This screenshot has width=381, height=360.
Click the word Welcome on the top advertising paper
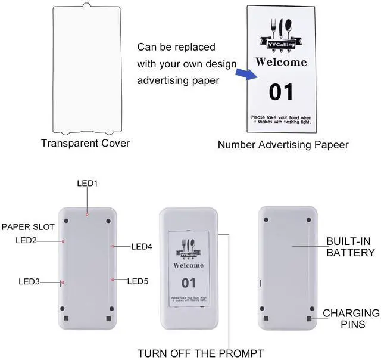click(x=281, y=62)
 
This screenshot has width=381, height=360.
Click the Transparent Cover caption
click(x=85, y=143)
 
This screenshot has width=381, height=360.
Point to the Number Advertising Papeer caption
click(x=283, y=145)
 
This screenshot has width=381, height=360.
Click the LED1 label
click(x=87, y=184)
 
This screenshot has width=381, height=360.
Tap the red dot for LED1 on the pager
click(x=88, y=213)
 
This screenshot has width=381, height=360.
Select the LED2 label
click(x=26, y=240)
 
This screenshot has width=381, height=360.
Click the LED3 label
click(x=29, y=281)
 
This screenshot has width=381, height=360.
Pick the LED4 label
click(x=142, y=246)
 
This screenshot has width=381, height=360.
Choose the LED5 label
click(x=138, y=281)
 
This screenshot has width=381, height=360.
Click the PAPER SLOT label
click(x=28, y=227)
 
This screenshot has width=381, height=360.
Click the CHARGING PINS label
click(x=351, y=318)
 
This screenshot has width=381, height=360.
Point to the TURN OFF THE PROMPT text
click(x=201, y=353)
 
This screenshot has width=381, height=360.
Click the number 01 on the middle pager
click(x=188, y=282)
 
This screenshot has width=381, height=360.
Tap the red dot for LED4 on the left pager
click(x=113, y=245)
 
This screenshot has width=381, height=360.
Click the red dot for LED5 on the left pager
click(x=112, y=279)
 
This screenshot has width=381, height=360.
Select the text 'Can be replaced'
click(x=176, y=46)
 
